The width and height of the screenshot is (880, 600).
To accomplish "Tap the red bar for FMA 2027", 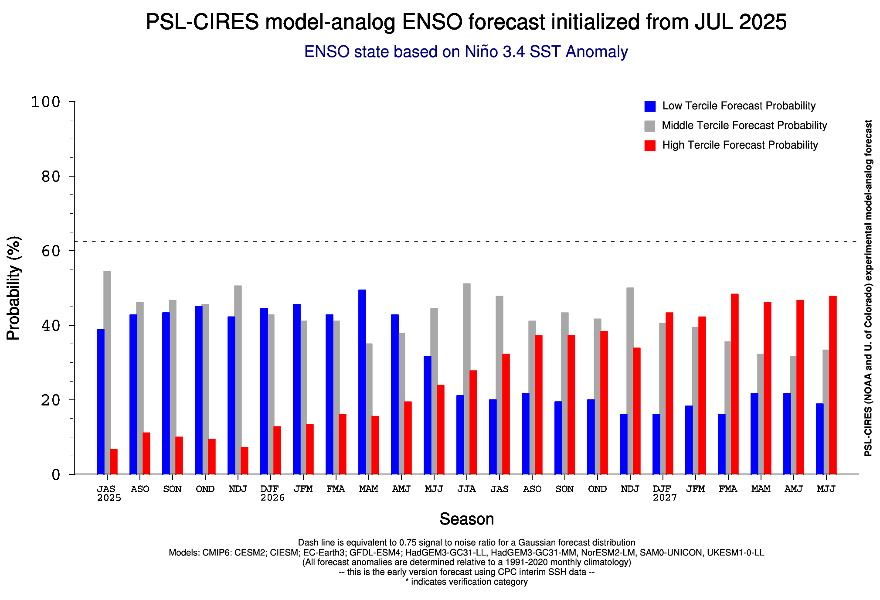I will [734, 384].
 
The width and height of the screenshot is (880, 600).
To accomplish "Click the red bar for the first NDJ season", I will [244, 460].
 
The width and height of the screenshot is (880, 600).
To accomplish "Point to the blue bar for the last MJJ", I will [819, 439].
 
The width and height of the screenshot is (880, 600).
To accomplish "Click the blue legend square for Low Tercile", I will [649, 106].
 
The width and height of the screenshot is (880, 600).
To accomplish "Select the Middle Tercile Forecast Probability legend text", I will [744, 126].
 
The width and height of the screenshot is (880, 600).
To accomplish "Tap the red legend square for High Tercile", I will [649, 146].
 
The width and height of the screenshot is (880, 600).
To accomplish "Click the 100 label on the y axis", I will [45, 102].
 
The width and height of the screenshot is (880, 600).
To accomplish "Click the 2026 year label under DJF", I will [272, 498].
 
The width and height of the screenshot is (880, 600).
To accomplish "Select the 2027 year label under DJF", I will [665, 498].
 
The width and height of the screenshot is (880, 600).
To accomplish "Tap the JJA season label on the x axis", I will [466, 489].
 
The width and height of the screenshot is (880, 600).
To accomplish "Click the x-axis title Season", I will [466, 519].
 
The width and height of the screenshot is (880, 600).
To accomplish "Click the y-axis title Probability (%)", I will [14, 288].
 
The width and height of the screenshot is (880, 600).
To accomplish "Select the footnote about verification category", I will [466, 582].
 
